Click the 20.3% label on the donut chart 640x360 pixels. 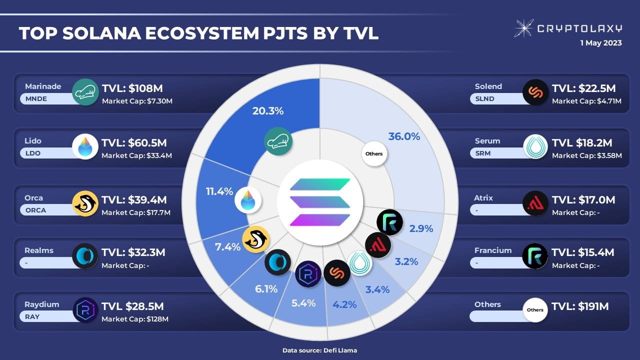(x=268, y=111)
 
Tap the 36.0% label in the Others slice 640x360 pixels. (x=404, y=136)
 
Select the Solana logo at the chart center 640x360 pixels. (x=320, y=202)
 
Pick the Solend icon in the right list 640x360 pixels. (x=535, y=92)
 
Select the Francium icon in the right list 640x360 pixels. (x=535, y=256)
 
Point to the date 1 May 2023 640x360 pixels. (x=600, y=43)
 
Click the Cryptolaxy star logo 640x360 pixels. (x=523, y=28)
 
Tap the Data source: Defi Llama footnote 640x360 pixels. (x=320, y=350)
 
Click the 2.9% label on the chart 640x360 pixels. (x=421, y=229)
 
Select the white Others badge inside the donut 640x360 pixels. (x=374, y=153)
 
